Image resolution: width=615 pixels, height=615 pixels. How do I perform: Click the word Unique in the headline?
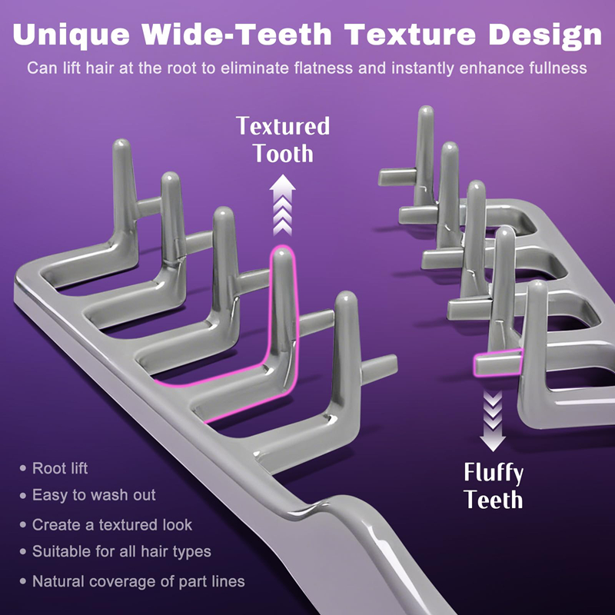point(71,35)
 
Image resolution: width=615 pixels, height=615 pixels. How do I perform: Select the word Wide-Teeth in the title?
point(237,34)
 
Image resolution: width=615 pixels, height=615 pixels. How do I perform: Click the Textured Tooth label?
point(283,140)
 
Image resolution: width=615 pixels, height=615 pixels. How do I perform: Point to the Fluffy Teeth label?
point(494,486)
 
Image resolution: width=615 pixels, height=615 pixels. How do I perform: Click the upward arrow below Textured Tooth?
point(282,205)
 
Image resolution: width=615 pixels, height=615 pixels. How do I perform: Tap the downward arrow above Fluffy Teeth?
point(493,421)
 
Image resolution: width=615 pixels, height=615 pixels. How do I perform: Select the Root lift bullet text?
point(60,468)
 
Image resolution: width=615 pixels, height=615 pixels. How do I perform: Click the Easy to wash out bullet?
point(94,495)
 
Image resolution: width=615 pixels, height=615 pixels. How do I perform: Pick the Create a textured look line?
point(112,525)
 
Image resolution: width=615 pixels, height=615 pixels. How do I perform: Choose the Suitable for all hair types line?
point(121,552)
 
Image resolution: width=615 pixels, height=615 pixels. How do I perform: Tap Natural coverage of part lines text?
point(138,581)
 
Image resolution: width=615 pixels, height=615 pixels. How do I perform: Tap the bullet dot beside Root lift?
point(23,468)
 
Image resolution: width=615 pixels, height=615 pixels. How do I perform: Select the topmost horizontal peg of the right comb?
point(397,177)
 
